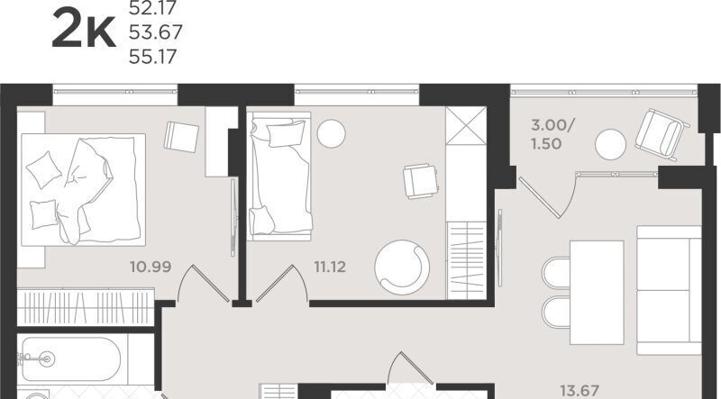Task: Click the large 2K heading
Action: coord(84,29)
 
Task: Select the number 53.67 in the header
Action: coord(155,32)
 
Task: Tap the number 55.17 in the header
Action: coord(152,57)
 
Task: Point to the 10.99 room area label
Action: coord(151,267)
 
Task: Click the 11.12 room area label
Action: coord(330,267)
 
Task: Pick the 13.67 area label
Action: coord(580,391)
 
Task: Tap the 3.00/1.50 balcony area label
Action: coord(552,134)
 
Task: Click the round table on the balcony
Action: coord(610,144)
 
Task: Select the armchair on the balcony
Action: coord(662,134)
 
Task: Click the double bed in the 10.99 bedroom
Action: coord(83,189)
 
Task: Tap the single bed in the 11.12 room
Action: coord(279,176)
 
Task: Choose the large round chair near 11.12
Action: coord(402,268)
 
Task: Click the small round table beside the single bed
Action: coord(331,133)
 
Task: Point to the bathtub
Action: coord(71,359)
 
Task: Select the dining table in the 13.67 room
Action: coord(597,293)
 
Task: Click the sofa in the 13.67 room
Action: coord(669,290)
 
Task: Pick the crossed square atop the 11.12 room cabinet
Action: coord(466,125)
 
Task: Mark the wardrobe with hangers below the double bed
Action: coord(86,306)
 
